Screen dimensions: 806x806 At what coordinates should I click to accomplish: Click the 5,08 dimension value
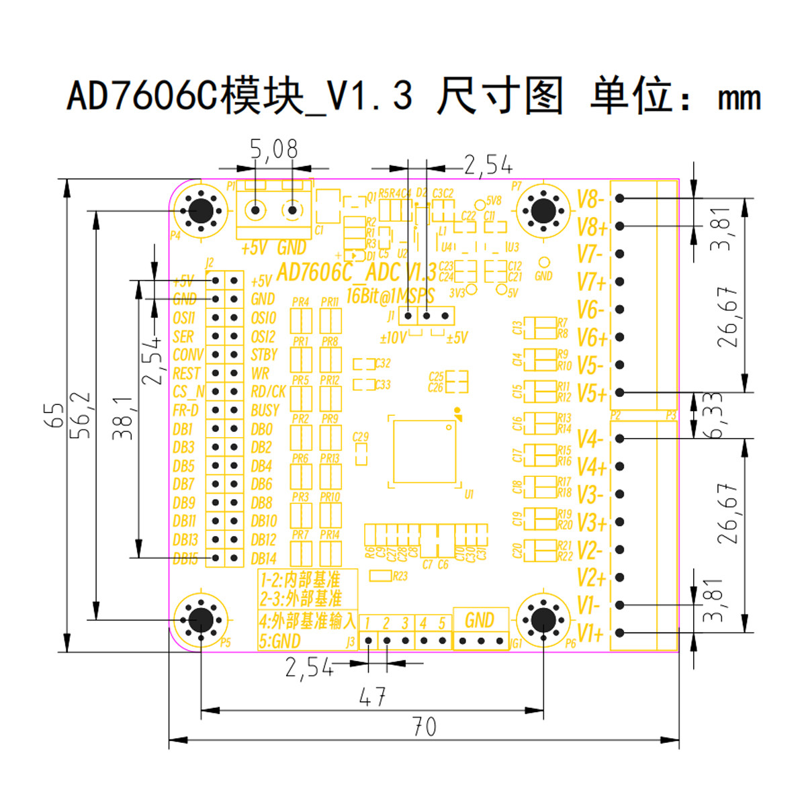tap(273, 149)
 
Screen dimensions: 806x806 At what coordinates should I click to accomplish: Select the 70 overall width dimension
tap(424, 726)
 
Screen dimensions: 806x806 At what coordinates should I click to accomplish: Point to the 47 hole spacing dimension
tap(373, 697)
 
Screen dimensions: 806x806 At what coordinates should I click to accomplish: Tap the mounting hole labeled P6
tap(543, 619)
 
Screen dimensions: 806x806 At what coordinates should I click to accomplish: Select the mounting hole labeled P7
tap(543, 210)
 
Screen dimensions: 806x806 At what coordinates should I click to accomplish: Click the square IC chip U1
tap(424, 451)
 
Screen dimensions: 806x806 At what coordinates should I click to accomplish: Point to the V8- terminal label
tap(590, 199)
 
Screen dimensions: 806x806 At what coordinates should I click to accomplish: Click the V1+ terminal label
tap(590, 633)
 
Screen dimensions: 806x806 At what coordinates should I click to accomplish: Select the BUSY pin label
tap(265, 410)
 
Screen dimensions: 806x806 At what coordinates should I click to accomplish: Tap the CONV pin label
tap(187, 355)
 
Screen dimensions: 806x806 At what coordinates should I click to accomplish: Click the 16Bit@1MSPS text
tap(390, 296)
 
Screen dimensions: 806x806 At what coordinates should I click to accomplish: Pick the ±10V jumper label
tap(392, 337)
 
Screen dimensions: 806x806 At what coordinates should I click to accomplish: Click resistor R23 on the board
tap(381, 576)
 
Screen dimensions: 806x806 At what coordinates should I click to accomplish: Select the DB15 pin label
tap(185, 559)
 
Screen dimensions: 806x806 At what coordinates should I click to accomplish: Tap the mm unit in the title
tap(739, 99)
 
